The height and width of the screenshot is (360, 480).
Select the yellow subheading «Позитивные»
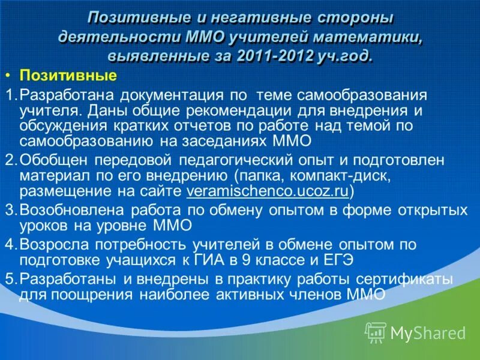pos(68,76)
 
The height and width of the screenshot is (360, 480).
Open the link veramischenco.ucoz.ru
pos(268,191)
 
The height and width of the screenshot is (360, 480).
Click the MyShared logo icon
pos(376,332)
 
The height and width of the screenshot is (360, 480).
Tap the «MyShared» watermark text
pos(428,332)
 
